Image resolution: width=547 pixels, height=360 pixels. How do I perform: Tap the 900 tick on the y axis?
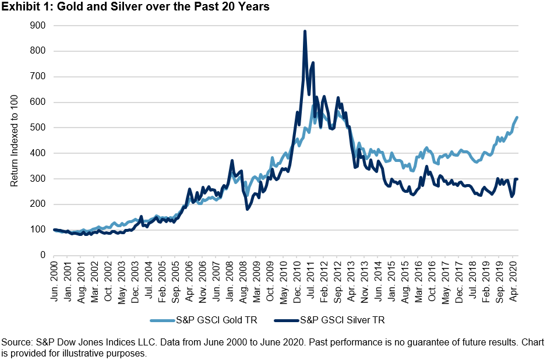tap(38, 26)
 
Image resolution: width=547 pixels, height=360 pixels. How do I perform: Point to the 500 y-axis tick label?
tap(38, 128)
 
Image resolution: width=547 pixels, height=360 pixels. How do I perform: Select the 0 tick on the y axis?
tap(43, 255)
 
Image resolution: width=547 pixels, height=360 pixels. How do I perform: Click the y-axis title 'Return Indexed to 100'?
tap(15, 140)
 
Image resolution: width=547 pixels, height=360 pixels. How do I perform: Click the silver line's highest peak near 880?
tap(305, 31)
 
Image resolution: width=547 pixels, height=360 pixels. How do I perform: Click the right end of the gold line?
tap(517, 118)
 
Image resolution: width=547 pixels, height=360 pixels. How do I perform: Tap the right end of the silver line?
tap(517, 179)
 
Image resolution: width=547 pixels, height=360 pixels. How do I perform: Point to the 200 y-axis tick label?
tap(38, 204)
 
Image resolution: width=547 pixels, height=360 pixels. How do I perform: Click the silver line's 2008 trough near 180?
tap(247, 209)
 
